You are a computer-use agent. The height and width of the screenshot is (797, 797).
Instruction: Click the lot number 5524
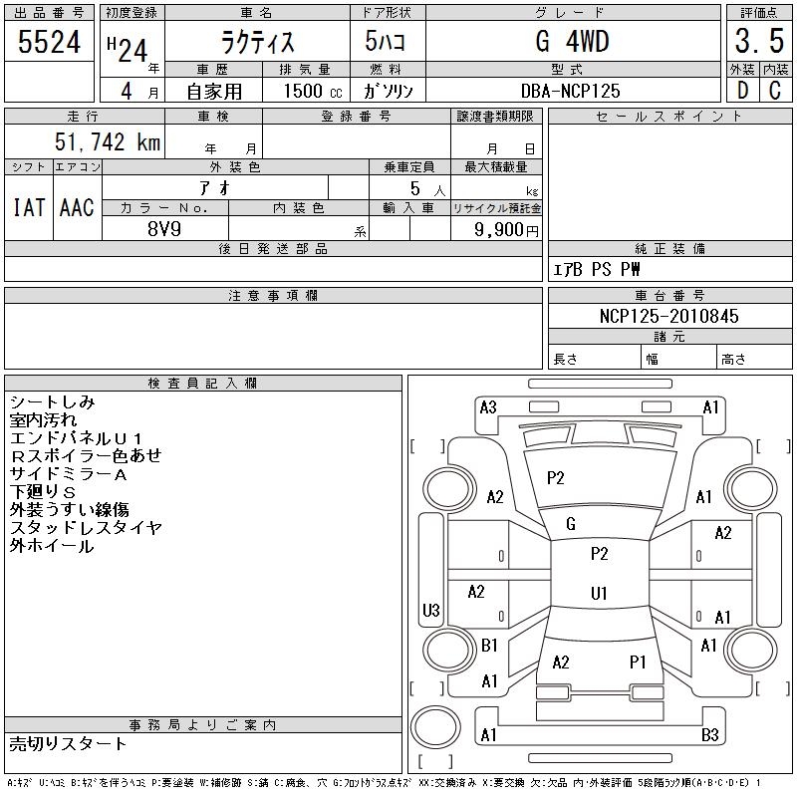coord(49,42)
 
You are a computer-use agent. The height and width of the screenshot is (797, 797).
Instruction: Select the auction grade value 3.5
coord(759,41)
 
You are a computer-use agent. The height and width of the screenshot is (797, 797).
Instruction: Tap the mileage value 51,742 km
coord(108,141)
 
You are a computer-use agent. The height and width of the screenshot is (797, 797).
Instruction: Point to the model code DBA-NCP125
coord(570,91)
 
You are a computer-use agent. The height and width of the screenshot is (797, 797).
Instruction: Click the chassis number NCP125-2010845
coord(668,316)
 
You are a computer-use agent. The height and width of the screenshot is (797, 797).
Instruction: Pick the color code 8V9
coord(164,229)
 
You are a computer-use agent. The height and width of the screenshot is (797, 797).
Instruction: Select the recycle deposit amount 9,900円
coord(506,230)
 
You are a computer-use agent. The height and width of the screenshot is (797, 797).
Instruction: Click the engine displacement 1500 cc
coord(313,91)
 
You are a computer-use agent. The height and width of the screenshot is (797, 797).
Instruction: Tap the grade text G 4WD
coord(572,41)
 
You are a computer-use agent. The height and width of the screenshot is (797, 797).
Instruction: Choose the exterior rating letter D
coord(742,91)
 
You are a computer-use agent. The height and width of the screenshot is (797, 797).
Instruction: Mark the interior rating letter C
coord(775,91)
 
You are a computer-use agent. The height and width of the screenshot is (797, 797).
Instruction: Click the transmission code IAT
coord(29,207)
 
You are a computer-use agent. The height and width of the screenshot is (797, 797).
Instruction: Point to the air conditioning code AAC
coord(77,207)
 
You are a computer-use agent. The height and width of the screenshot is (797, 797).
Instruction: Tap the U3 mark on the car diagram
coord(431,610)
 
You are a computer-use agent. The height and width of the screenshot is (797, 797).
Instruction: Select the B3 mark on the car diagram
coord(710,734)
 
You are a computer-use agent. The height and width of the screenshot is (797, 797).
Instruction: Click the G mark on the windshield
coord(571,524)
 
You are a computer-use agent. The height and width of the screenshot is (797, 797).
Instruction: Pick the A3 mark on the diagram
coord(488,407)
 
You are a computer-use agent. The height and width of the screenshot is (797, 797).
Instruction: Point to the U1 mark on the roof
coord(600,593)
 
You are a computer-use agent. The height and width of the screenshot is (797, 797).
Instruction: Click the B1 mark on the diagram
coord(489,646)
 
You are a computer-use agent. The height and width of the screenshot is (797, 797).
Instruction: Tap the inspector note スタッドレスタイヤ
coord(86,528)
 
